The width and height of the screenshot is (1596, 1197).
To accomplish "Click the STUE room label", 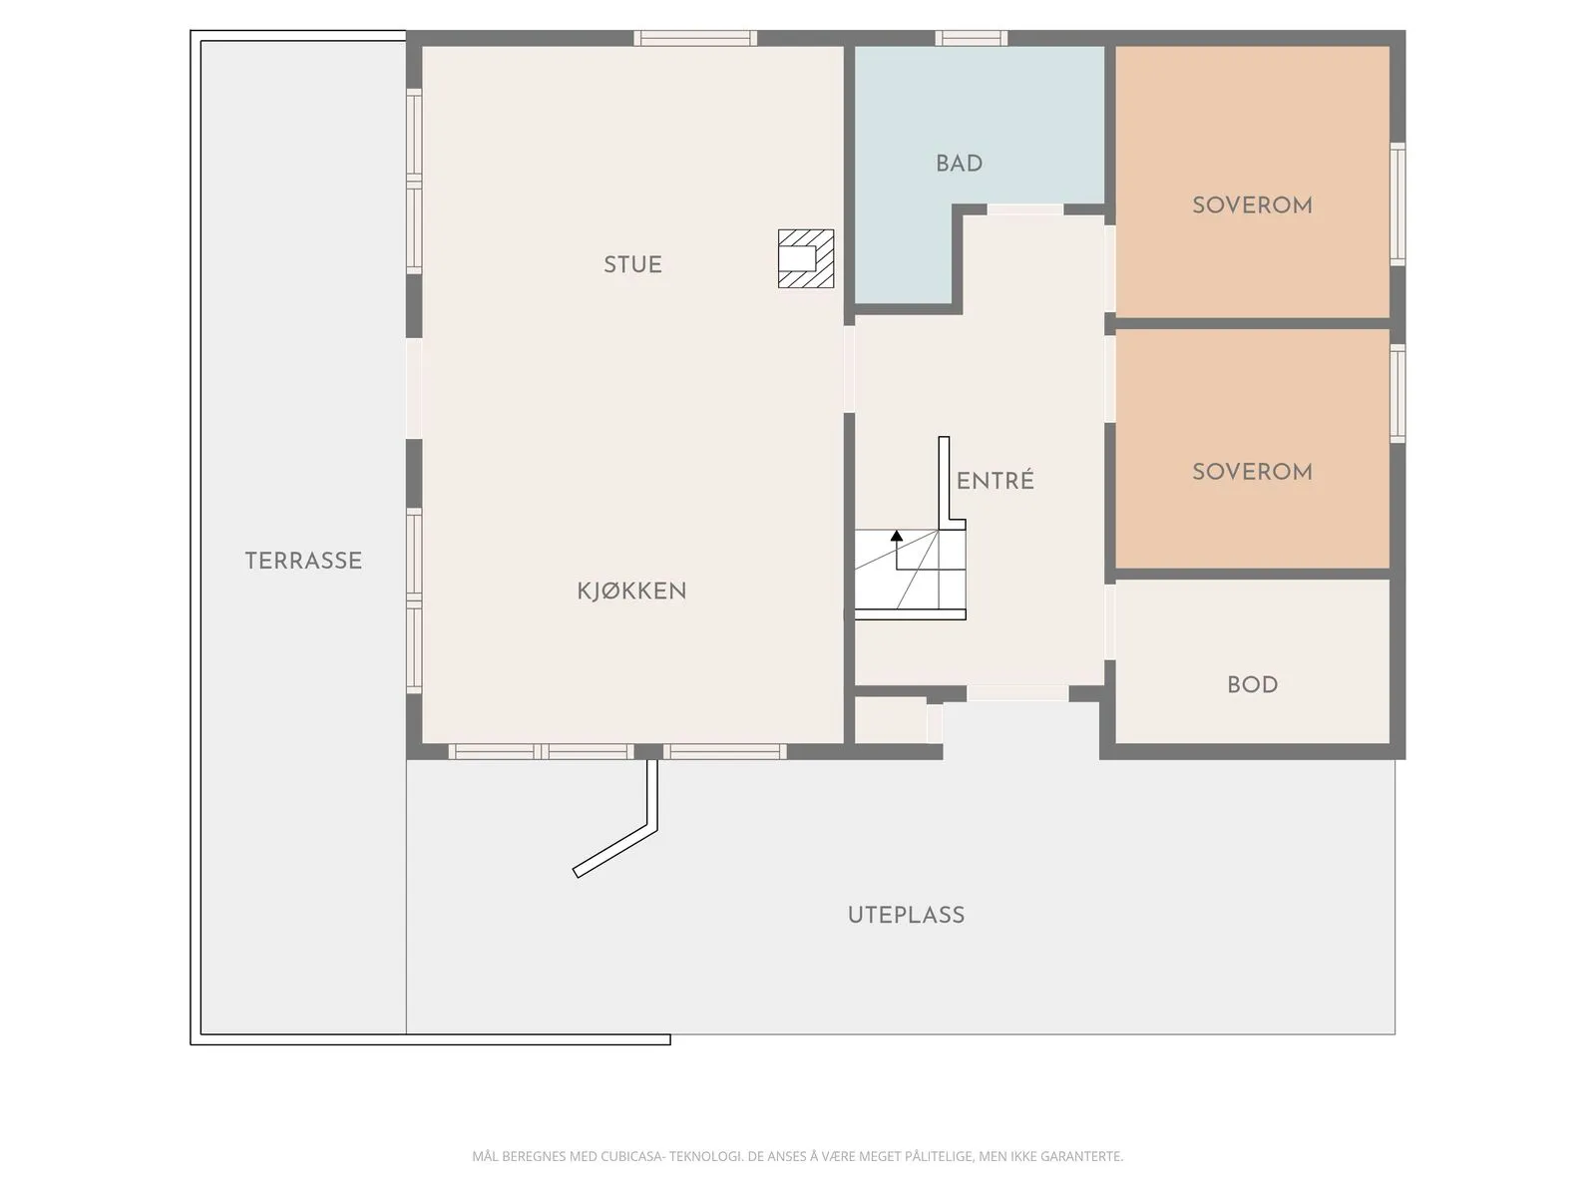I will tap(632, 264).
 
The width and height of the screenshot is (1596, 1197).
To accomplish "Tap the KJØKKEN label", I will tap(631, 591).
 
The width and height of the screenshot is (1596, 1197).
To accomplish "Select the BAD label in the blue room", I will tap(959, 164).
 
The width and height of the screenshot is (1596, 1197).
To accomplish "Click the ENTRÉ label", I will tap(995, 481).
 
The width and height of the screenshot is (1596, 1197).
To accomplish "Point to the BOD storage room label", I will tap(1252, 685).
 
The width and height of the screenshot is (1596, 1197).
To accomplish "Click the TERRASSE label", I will tap(303, 561).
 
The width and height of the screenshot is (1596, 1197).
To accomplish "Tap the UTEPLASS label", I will tap(906, 915).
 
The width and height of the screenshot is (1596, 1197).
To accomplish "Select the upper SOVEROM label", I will tap(1252, 205).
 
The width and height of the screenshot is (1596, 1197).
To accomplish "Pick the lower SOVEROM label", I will tap(1252, 472).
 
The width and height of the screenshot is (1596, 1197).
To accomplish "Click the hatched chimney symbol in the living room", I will tap(805, 258).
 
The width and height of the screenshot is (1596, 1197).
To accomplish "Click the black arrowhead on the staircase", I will tap(897, 536).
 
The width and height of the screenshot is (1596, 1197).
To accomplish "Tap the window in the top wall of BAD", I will tap(971, 39).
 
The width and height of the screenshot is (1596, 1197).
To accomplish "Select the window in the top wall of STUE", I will tap(695, 39).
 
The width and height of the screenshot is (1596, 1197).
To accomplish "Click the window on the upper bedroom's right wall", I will tap(1397, 204).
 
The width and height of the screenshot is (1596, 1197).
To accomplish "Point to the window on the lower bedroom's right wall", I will tap(1397, 393).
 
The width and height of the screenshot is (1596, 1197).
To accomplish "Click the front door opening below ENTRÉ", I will tap(1017, 693).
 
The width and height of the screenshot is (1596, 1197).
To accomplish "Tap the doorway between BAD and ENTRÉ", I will tap(1024, 209).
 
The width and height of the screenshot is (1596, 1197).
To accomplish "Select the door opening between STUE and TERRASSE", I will tap(413, 388).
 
